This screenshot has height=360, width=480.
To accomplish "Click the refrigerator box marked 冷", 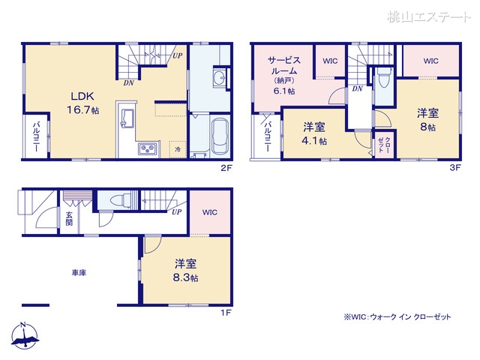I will tap(177, 149).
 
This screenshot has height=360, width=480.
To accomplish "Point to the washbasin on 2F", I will tap(219, 80).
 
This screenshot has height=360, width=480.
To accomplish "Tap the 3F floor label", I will tap(454, 169).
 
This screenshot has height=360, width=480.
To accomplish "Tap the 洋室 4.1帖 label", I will tap(314, 133).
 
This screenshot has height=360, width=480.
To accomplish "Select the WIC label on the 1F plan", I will tap(209, 212).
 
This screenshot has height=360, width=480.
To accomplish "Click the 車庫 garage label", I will tap(79, 273).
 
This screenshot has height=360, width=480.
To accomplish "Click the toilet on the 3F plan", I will tap(383, 78).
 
